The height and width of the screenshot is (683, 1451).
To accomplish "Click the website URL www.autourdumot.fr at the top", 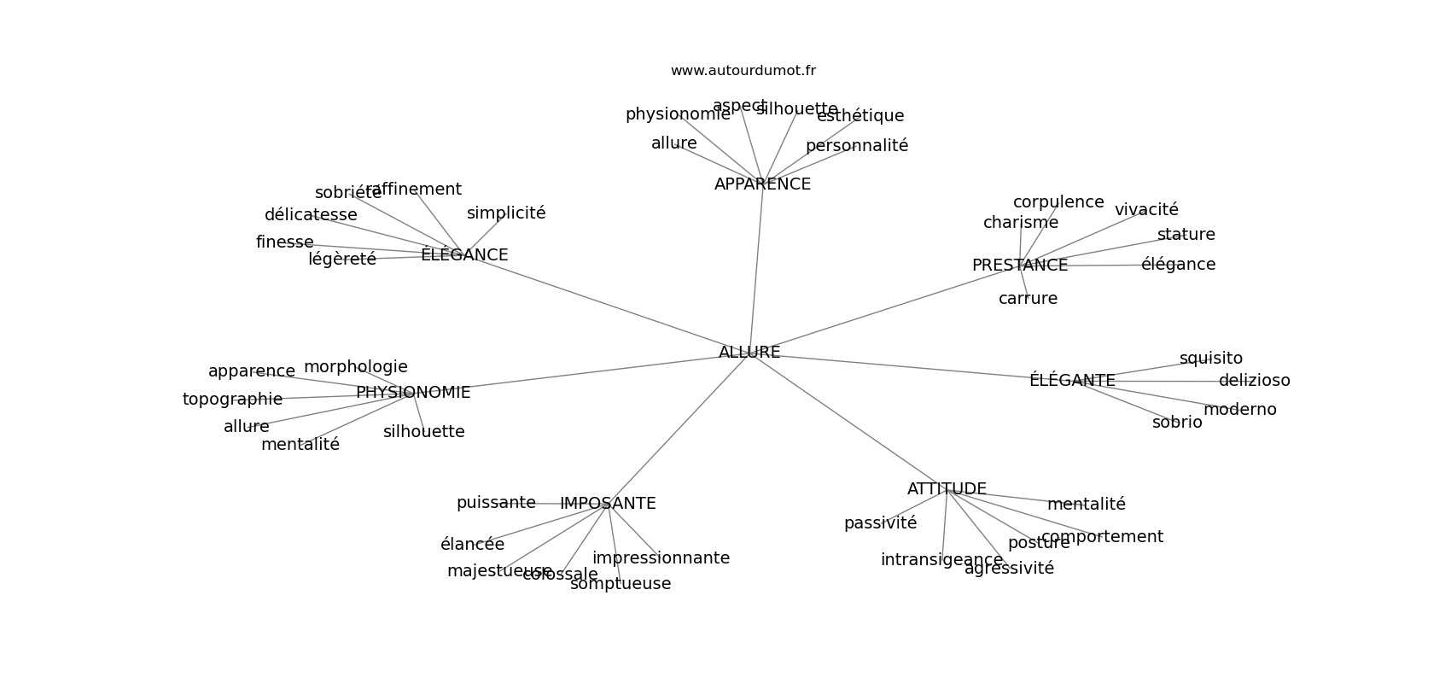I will coord(743,71).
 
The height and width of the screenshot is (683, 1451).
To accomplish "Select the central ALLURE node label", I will coord(749,353).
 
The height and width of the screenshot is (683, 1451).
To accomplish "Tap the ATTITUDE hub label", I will coord(947,489).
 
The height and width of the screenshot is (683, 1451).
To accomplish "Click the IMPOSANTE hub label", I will coord(608,504).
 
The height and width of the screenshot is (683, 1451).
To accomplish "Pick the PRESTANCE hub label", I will coord(1020,266).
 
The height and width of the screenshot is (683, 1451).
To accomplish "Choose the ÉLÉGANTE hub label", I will coord(1072,381).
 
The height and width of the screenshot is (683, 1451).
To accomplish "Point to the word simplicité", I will coord(506,213).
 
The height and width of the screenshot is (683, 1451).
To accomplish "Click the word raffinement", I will coord(414,190).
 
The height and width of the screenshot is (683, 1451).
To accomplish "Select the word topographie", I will coord(232,400).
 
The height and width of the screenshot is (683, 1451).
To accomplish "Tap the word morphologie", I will coord(356,367).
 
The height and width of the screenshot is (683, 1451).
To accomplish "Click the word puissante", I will coord(496,503).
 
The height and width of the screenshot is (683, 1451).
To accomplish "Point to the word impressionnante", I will coord(661,558).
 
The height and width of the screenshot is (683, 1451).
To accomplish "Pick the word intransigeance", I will coord(941,560).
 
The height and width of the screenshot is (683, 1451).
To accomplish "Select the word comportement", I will coord(1102,537).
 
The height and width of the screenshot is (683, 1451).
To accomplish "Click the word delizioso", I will coord(1254,381).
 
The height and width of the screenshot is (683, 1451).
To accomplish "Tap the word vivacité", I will coord(1146,210).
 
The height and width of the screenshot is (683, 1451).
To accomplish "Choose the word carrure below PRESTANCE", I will coord(1028,299).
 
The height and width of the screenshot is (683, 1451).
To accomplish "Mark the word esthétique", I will coord(860,116).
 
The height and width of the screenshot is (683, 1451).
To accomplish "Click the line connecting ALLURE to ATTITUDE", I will coord(845,418).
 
